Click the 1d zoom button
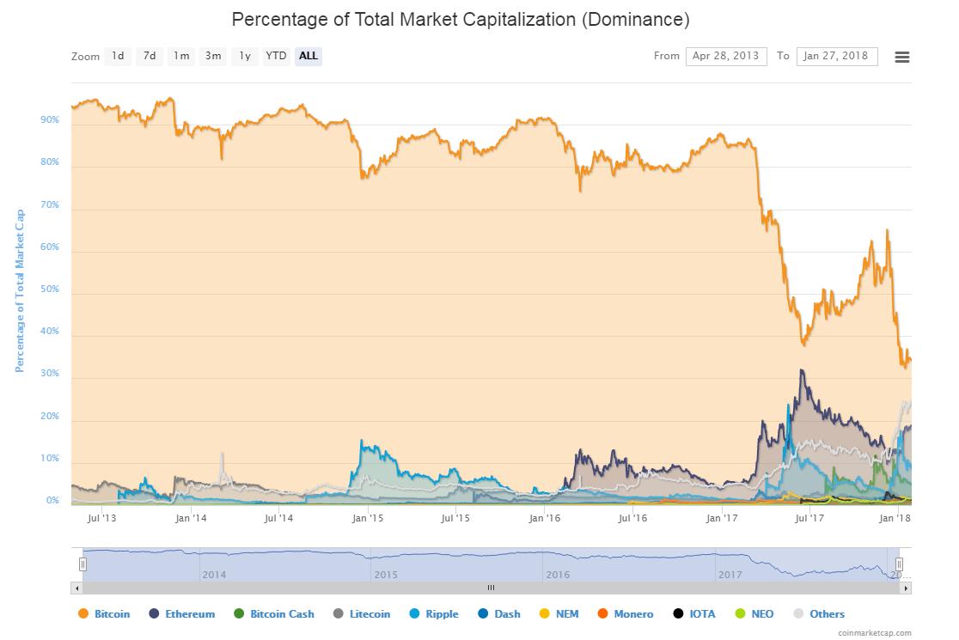tap(118, 57)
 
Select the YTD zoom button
tap(276, 57)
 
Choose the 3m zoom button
tap(212, 57)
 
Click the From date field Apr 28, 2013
tap(726, 57)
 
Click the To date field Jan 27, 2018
tap(836, 57)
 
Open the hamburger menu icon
tap(901, 58)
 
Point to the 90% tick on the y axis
tap(50, 120)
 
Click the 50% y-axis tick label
tap(50, 290)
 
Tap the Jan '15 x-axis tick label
tap(368, 518)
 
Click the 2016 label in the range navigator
tap(558, 575)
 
